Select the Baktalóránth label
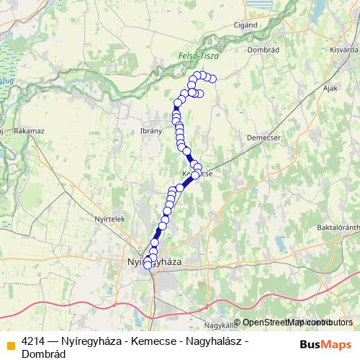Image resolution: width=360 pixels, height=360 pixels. click(338, 228)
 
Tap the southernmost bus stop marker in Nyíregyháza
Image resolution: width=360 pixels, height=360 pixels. click(148, 265)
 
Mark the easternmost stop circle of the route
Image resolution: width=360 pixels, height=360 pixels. click(212, 79)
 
